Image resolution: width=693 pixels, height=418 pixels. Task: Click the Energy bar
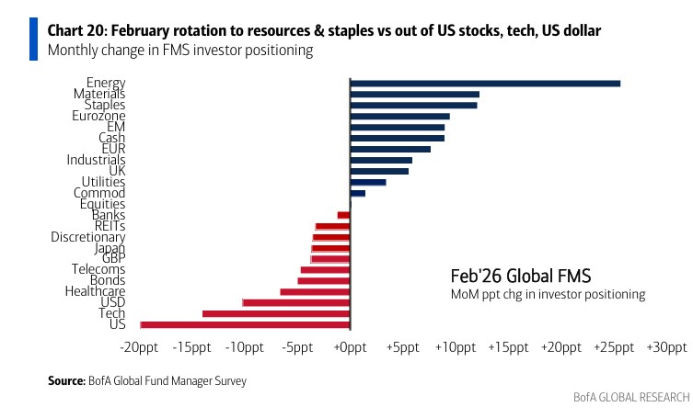[x=485, y=84]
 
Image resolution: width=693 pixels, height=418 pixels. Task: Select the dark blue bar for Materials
[x=415, y=94]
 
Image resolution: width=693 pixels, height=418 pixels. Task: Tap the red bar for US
[x=245, y=324]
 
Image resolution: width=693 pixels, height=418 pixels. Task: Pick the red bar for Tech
[x=276, y=313]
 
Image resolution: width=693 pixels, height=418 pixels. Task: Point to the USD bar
[x=296, y=302]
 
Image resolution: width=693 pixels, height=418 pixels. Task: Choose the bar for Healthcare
[x=316, y=291]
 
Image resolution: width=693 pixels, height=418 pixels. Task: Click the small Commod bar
[x=358, y=193]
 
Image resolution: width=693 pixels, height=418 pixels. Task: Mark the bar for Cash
[x=398, y=138]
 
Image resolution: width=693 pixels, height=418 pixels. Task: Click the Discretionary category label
[x=88, y=237]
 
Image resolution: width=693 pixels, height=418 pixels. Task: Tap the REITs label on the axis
[x=110, y=226]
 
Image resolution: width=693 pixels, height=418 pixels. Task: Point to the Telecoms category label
[x=98, y=270]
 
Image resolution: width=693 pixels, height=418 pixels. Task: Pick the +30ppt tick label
[x=666, y=348]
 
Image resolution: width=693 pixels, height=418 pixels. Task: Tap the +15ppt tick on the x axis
[x=508, y=348]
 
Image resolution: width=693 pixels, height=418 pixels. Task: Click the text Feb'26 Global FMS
[x=520, y=276]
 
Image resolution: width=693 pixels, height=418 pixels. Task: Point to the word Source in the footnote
[x=65, y=379]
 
